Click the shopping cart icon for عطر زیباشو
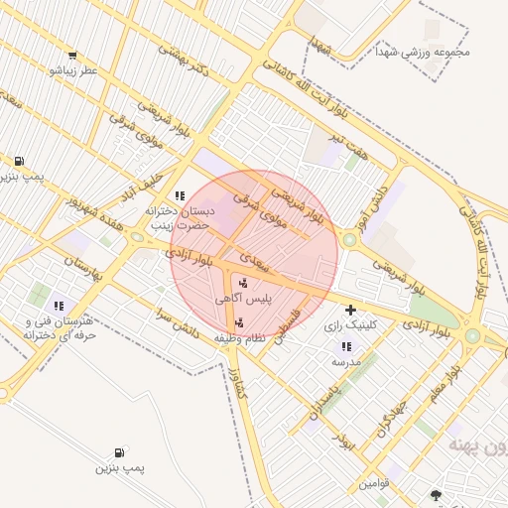click(x=71, y=56)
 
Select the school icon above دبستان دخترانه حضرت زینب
click(x=180, y=195)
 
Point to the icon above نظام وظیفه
click(x=238, y=321)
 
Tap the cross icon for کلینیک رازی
click(x=350, y=311)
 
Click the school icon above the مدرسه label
click(x=345, y=346)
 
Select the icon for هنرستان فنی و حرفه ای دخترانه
click(x=59, y=306)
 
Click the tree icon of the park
click(x=435, y=494)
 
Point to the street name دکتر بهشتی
click(x=187, y=63)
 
